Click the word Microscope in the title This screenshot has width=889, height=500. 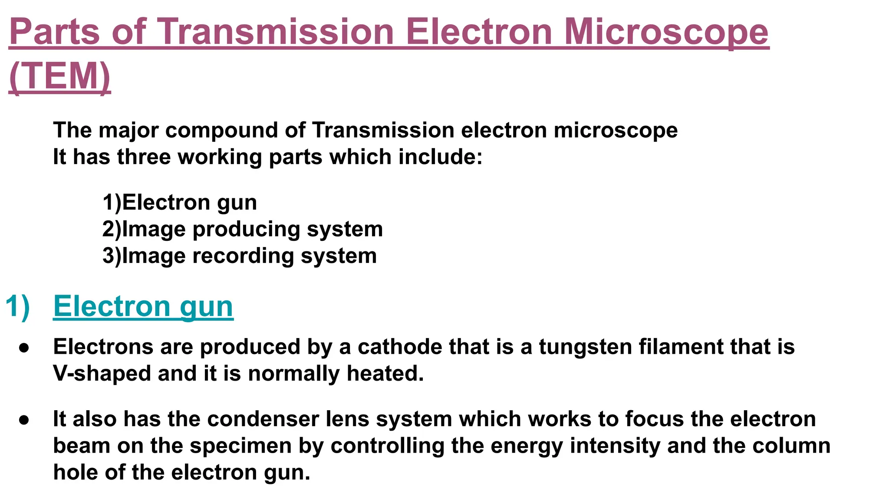click(x=666, y=32)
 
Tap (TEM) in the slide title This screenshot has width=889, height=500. click(x=59, y=76)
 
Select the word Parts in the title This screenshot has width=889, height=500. click(x=54, y=32)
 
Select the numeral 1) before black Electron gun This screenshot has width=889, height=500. click(x=112, y=203)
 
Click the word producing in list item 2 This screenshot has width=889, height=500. click(x=246, y=229)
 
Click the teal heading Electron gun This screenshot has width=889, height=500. click(x=143, y=306)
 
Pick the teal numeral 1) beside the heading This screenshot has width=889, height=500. click(x=18, y=306)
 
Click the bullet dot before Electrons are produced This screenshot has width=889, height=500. click(x=24, y=348)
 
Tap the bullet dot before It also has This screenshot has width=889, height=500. click(x=24, y=420)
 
